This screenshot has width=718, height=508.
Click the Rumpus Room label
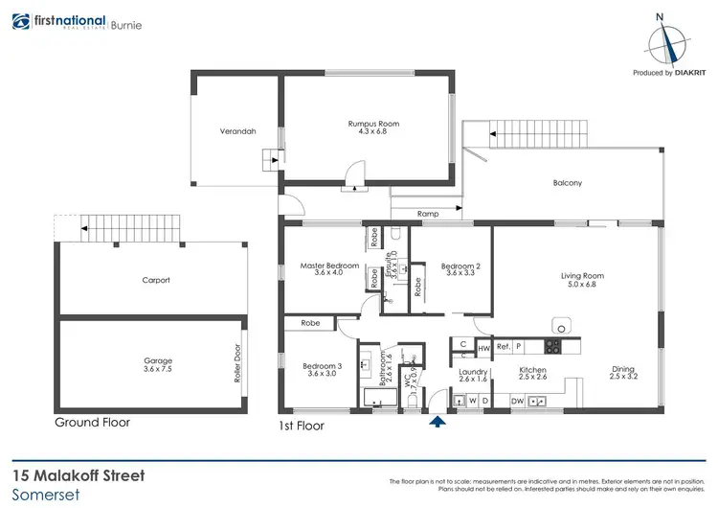tap(373, 125)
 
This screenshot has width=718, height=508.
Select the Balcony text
tap(567, 183)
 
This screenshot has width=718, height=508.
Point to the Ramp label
tap(427, 214)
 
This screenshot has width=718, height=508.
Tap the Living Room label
tap(582, 276)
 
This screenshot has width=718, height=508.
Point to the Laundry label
tap(473, 372)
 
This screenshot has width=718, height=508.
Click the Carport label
tap(156, 280)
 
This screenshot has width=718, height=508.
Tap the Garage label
tap(158, 361)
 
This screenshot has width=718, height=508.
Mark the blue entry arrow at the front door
tap(438, 421)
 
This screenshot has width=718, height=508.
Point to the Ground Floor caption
tap(93, 422)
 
